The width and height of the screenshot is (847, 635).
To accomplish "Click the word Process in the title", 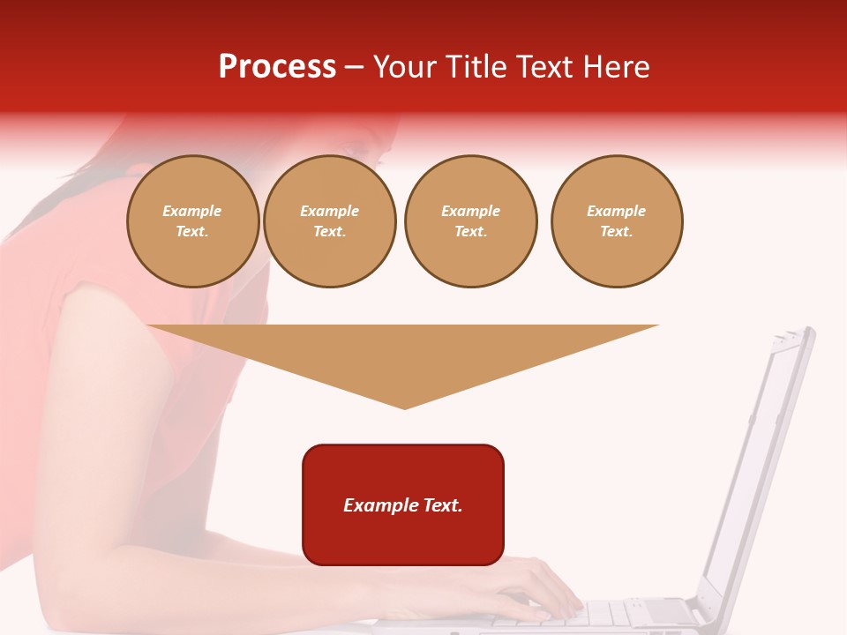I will click(x=277, y=67).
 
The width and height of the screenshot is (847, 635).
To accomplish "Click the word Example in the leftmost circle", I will click(x=192, y=211).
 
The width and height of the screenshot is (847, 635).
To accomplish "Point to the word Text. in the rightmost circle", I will click(x=617, y=231).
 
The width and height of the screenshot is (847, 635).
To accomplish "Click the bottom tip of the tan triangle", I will click(x=404, y=407).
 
